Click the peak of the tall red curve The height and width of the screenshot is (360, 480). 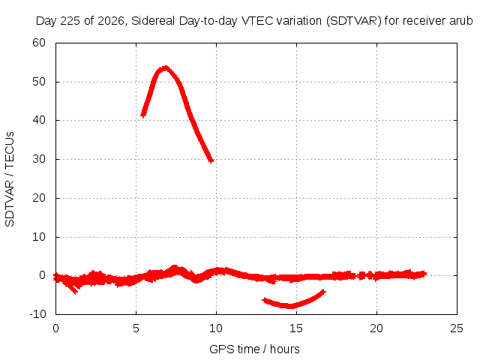165,68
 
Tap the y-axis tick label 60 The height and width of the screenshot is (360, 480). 39,43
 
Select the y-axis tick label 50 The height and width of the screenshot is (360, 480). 39,82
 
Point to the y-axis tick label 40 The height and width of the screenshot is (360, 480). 39,120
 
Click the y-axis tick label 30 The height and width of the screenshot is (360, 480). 39,159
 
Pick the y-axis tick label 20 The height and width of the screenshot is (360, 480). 39,198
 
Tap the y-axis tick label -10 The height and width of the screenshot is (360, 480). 38,314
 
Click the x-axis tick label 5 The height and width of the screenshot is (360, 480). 136,328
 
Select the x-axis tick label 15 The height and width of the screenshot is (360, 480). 296,328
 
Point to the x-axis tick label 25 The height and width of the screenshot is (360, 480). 457,328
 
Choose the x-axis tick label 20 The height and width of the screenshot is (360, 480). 376,328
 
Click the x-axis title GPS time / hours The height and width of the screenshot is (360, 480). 254,349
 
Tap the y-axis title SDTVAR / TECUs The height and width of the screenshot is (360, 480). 10,179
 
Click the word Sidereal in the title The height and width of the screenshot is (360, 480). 153,21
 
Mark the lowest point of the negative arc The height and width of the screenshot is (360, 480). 289,306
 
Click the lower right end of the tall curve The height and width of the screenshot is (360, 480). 211,161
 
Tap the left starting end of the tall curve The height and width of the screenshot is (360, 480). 142,115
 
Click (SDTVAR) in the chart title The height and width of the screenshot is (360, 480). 353,21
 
